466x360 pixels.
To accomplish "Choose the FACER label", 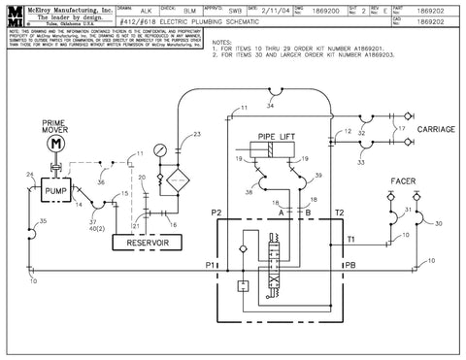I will (404, 181).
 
